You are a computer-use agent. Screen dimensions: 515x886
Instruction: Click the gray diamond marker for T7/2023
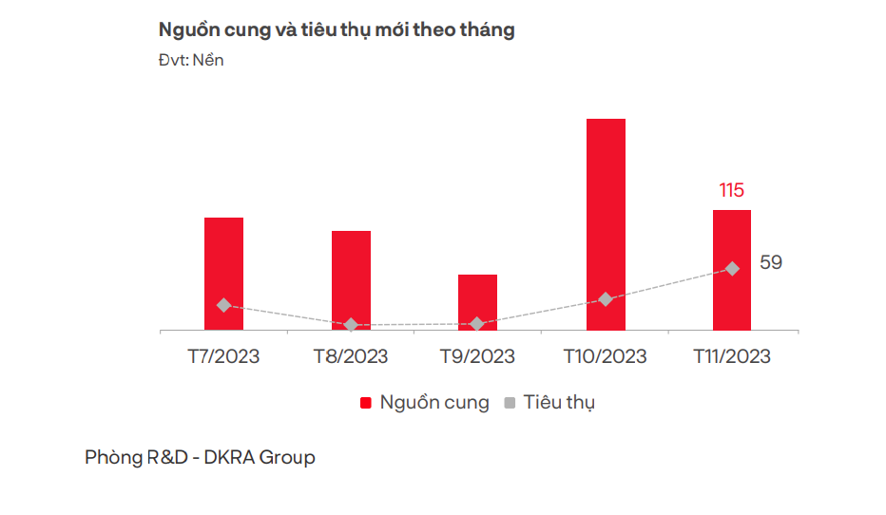[223, 305]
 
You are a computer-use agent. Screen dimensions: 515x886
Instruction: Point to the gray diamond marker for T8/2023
[351, 325]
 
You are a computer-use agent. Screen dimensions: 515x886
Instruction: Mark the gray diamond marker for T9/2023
[477, 324]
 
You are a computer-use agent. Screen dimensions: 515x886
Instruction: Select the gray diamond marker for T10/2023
[606, 299]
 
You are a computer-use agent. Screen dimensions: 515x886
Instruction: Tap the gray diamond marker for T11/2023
[732, 269]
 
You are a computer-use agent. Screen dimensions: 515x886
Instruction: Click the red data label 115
[731, 190]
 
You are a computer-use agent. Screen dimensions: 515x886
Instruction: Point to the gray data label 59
[771, 262]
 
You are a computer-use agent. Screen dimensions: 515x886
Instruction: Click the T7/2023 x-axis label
[223, 356]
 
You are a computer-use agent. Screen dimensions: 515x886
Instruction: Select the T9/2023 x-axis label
[477, 356]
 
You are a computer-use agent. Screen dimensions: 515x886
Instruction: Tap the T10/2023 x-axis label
[605, 356]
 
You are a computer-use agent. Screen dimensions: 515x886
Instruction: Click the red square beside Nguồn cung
[366, 403]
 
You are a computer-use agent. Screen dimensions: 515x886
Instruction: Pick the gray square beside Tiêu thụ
[510, 403]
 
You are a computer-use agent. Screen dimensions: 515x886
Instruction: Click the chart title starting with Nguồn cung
[337, 29]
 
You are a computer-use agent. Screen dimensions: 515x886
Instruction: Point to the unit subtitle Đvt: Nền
[191, 60]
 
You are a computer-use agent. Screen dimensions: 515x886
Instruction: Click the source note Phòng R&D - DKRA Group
[200, 457]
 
